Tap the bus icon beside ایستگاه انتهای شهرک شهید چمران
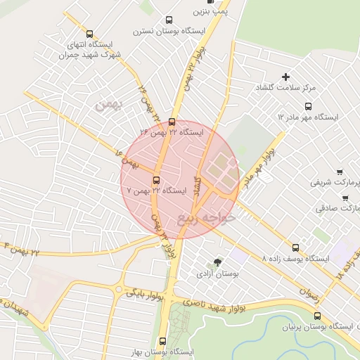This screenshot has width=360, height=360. (89, 33)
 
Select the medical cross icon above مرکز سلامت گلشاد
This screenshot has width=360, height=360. (285, 77)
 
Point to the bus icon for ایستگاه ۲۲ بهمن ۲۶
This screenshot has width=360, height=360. (172, 121)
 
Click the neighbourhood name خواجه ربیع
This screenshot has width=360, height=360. (208, 217)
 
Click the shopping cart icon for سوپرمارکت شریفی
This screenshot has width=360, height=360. (339, 171)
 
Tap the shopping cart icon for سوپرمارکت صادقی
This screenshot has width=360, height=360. (345, 198)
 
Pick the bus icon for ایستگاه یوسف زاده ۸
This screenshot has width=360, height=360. (296, 247)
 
